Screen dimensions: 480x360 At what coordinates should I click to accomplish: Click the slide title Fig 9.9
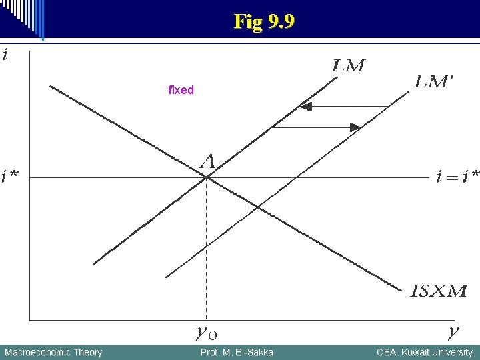click(x=264, y=22)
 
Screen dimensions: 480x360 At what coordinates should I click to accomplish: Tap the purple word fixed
click(x=181, y=90)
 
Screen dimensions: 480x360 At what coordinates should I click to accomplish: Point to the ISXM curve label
click(x=439, y=291)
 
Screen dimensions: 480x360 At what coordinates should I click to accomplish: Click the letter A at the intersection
click(x=208, y=161)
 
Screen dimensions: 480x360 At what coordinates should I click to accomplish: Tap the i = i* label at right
click(x=457, y=177)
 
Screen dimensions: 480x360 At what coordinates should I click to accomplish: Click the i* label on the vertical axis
click(x=10, y=176)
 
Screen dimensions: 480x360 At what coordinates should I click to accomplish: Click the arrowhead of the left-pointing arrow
click(x=305, y=106)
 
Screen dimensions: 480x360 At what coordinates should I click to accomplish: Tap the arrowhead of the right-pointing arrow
click(x=356, y=127)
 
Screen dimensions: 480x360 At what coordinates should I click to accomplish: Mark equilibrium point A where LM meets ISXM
click(x=207, y=177)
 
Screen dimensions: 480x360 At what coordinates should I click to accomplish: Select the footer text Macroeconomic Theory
click(x=53, y=352)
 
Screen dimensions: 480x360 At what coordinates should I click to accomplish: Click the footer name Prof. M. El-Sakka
click(x=237, y=352)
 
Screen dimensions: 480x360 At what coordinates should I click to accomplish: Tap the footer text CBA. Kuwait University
click(x=425, y=352)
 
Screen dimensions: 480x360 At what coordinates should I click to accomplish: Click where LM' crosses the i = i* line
click(x=295, y=177)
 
